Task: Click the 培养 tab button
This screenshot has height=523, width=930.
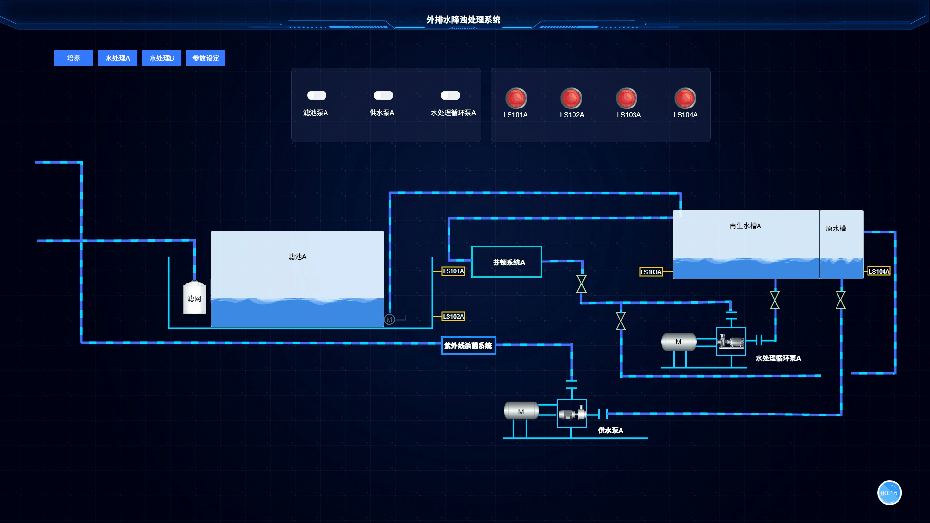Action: (x=74, y=58)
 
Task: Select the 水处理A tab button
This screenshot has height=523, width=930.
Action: (x=118, y=58)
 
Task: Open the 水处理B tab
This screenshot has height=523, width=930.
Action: (x=162, y=58)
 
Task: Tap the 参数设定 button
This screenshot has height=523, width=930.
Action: (x=206, y=58)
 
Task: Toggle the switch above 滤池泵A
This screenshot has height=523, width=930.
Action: (x=317, y=95)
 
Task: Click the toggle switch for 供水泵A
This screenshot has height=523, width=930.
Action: (x=384, y=95)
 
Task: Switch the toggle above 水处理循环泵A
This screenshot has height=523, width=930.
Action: (x=450, y=95)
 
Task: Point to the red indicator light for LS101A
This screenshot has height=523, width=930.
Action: (x=516, y=98)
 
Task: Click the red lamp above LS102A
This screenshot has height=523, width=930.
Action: (x=572, y=98)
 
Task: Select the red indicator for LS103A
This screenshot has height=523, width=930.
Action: (x=627, y=98)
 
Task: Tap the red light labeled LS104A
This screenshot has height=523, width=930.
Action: (x=685, y=98)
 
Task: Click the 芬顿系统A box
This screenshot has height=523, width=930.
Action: (x=507, y=262)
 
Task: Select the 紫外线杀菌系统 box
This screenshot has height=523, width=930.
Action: (x=468, y=346)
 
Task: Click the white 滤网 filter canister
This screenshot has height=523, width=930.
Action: (x=195, y=297)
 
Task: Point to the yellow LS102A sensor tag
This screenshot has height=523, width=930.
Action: (x=453, y=317)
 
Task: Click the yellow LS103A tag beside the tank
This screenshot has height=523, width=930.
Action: (x=651, y=272)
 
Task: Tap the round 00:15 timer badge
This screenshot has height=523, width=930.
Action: (x=889, y=493)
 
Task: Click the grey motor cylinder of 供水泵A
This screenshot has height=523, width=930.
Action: (x=521, y=411)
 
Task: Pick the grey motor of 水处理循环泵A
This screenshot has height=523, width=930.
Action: (x=679, y=342)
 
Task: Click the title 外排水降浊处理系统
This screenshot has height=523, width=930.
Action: (x=464, y=20)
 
